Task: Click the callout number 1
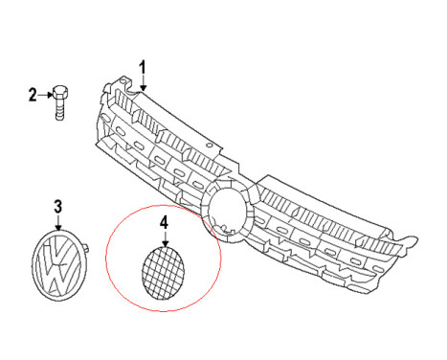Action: click(143, 68)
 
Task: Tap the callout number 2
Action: click(33, 95)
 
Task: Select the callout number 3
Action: click(57, 207)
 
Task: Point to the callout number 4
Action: click(164, 223)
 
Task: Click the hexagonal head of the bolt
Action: click(60, 92)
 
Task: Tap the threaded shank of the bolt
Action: click(59, 109)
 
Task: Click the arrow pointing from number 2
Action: click(45, 95)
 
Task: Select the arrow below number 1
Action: click(143, 83)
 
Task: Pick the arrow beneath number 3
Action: click(58, 222)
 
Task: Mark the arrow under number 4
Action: click(165, 238)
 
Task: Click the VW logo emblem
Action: click(57, 265)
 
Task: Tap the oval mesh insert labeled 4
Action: click(164, 273)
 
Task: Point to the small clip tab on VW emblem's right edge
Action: click(85, 248)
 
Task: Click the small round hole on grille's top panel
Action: click(210, 146)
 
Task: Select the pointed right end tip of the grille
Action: click(416, 238)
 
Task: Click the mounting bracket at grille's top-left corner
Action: click(119, 83)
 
